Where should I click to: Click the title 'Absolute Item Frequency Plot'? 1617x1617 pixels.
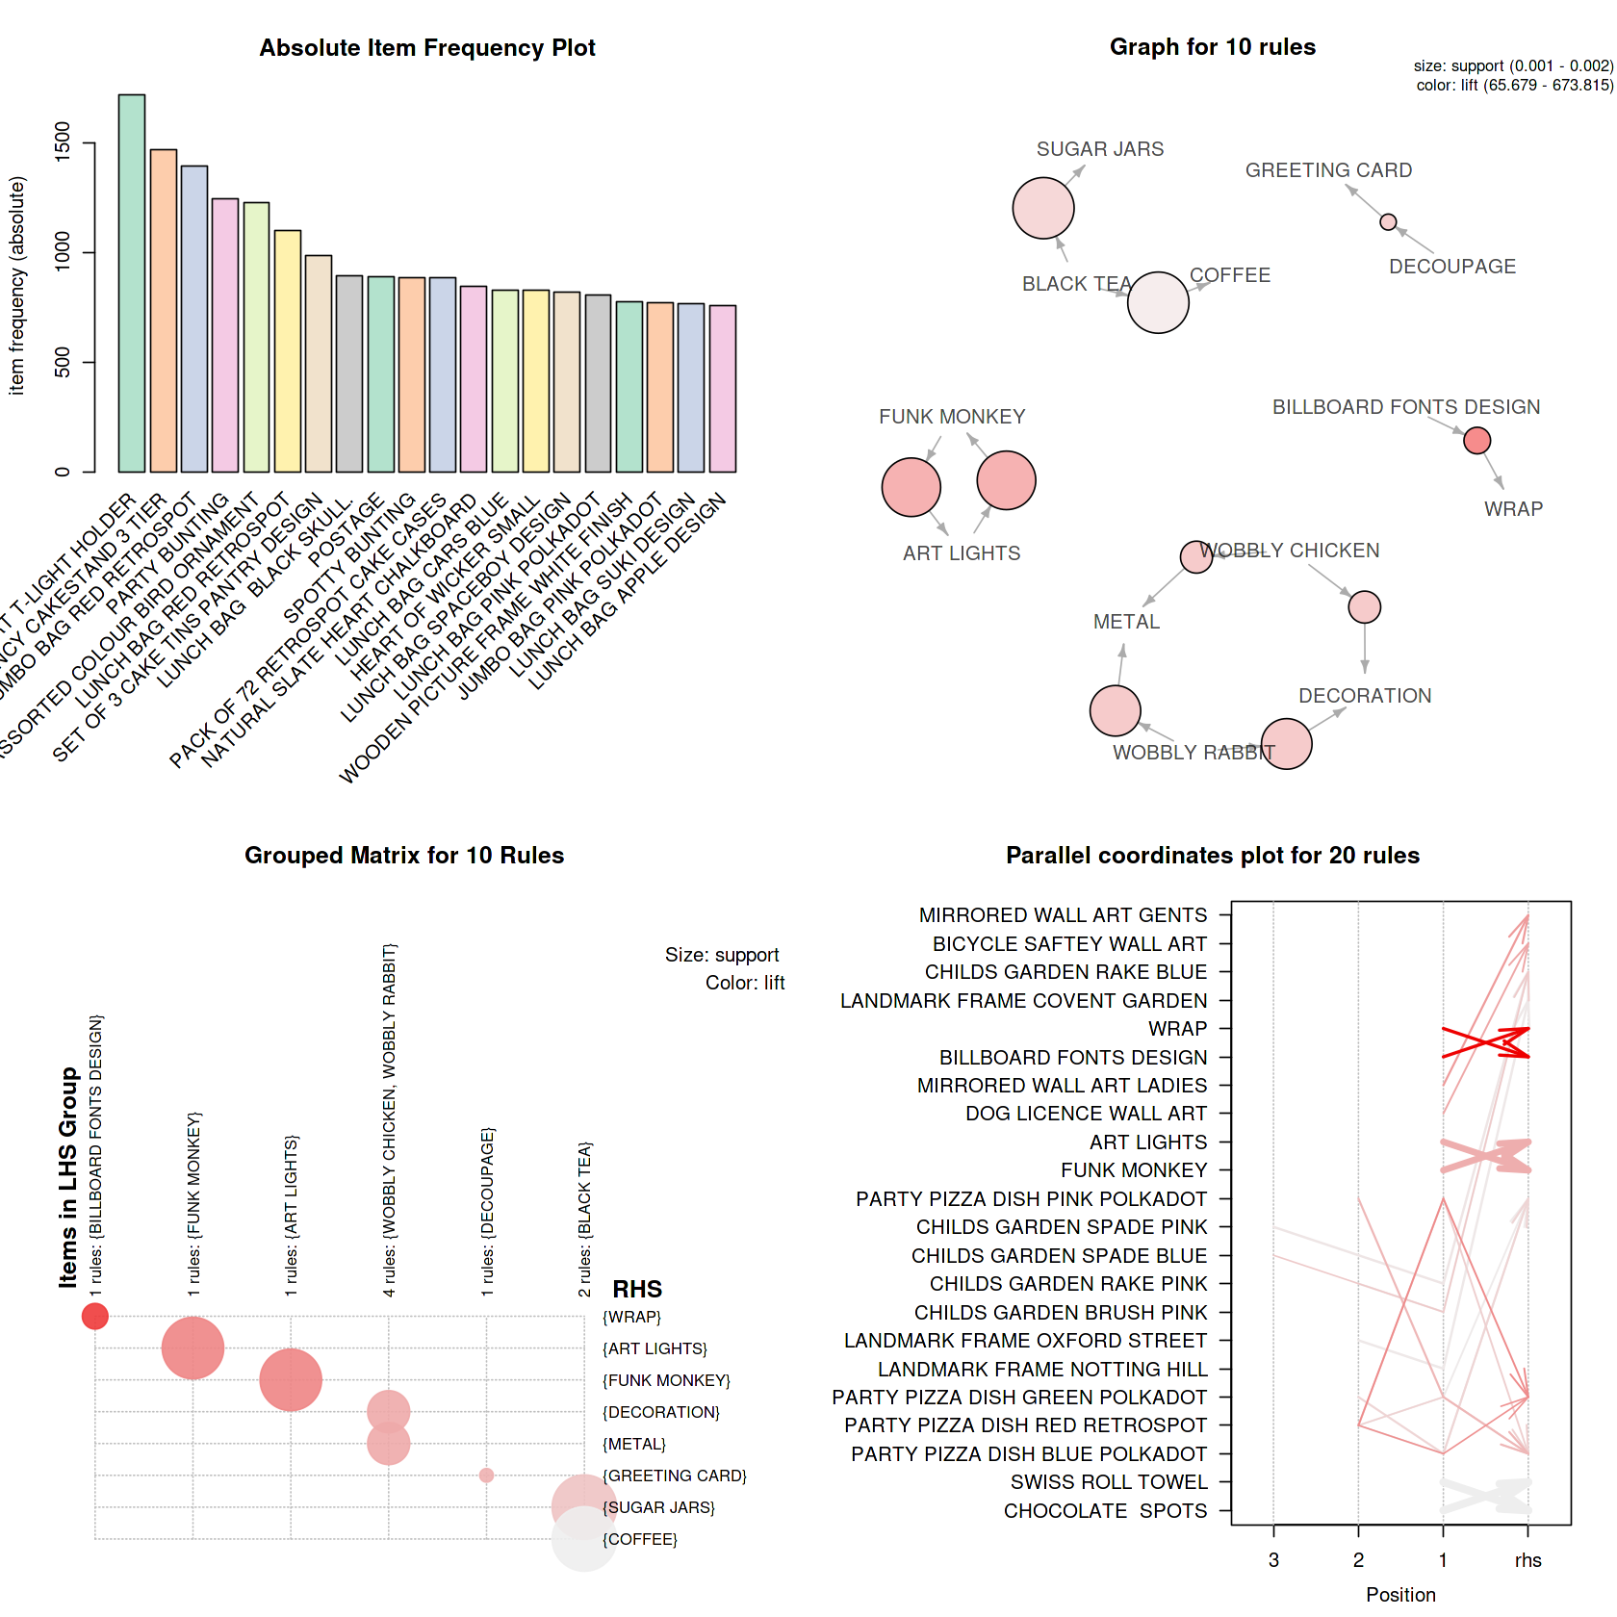(x=427, y=48)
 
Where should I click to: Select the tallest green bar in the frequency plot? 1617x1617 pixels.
(x=132, y=283)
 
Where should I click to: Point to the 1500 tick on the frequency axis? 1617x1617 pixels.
(x=64, y=142)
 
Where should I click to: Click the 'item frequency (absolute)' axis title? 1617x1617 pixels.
(x=16, y=286)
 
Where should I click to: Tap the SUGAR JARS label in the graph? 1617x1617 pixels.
(x=1100, y=149)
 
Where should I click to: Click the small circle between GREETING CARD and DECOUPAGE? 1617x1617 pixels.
(x=1388, y=222)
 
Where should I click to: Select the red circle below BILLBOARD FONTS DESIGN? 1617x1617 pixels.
(x=1476, y=441)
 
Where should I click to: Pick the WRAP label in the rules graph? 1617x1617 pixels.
(x=1513, y=509)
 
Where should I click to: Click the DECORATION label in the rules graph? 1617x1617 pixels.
(x=1365, y=696)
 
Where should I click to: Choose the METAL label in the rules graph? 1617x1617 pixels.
(x=1126, y=622)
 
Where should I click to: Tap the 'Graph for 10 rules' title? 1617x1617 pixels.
(x=1212, y=47)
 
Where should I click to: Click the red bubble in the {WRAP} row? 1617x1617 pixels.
(x=95, y=1316)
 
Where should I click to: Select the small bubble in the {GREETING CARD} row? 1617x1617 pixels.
(x=486, y=1476)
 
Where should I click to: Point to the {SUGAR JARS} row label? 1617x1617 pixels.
(x=659, y=1507)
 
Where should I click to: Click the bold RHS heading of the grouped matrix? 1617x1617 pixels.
(x=637, y=1289)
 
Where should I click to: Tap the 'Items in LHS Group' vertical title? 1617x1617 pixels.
(x=67, y=1176)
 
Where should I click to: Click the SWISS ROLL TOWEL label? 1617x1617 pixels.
(x=1109, y=1482)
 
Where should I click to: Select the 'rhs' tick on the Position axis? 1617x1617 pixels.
(x=1527, y=1560)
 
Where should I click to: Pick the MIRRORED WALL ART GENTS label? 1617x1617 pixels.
(x=1063, y=915)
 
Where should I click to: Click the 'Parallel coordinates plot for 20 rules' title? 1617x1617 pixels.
(x=1212, y=856)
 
